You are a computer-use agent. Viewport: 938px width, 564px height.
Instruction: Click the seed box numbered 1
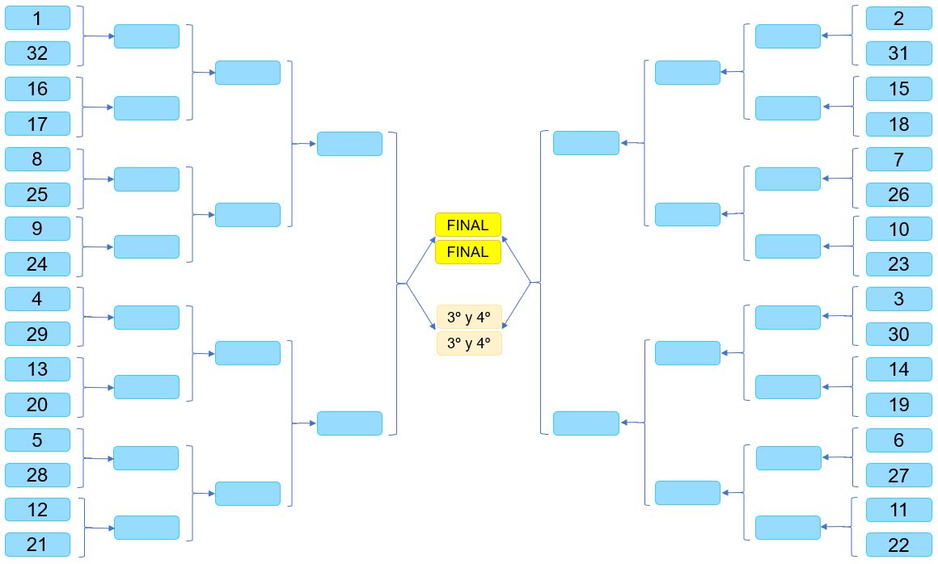37,18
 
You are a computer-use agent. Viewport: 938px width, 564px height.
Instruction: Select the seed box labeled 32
37,53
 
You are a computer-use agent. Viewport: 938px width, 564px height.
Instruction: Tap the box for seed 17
37,124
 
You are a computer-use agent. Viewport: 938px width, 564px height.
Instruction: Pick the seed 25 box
37,194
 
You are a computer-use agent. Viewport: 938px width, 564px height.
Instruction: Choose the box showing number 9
37,229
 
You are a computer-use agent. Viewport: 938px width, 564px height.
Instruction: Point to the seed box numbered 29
37,334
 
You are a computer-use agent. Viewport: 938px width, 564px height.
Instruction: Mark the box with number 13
37,369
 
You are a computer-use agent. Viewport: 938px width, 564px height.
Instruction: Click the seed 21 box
37,545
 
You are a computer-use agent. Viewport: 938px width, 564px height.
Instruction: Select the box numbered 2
898,18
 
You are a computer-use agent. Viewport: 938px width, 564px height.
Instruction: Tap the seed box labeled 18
898,124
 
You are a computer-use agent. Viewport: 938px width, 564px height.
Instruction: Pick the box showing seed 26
898,194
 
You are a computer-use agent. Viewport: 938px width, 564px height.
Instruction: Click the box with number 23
898,264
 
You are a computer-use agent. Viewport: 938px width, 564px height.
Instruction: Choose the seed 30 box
898,334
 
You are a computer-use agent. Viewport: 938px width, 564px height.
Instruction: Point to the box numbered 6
898,440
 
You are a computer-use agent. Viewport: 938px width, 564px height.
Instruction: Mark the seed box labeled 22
898,545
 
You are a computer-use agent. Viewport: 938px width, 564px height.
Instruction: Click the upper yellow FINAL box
468,225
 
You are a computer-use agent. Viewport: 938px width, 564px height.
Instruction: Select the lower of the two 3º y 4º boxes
469,343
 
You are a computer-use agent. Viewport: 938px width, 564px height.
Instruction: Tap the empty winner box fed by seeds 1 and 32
146,36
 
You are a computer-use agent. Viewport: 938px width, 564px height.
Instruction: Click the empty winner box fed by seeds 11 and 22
788,528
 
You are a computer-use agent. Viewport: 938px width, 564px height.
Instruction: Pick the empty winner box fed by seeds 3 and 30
788,318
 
